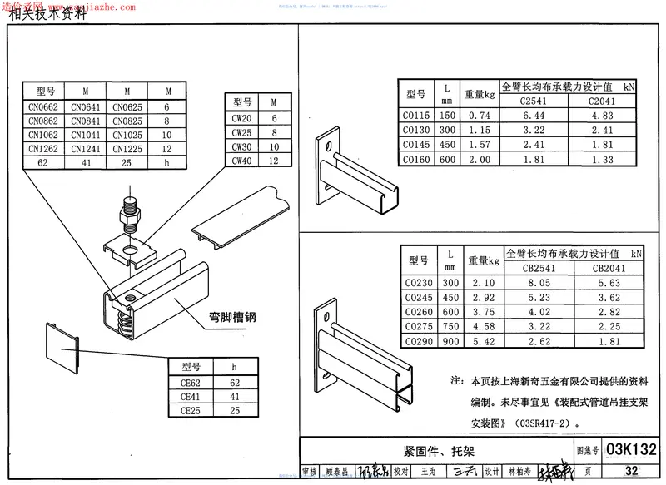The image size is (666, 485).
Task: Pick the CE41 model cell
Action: [192, 397]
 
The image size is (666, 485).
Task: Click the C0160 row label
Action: [416, 159]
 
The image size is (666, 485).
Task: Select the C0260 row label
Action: [419, 311]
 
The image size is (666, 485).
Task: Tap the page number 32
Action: [632, 471]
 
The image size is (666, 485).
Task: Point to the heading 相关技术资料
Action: [47, 13]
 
